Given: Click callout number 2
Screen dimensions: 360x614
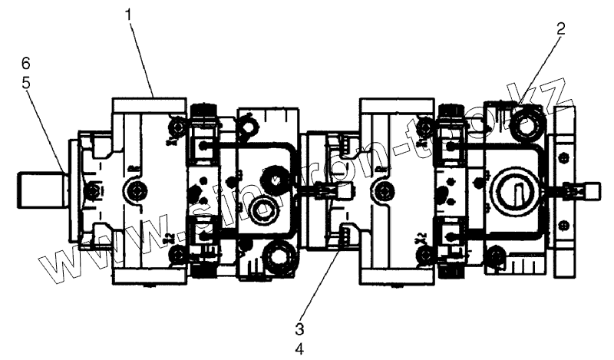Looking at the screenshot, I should pos(561,30).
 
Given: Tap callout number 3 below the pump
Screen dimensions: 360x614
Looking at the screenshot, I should pos(300,329).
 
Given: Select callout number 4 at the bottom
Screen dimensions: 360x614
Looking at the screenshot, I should pos(300,348).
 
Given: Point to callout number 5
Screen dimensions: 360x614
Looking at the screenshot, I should pos(27,82).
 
